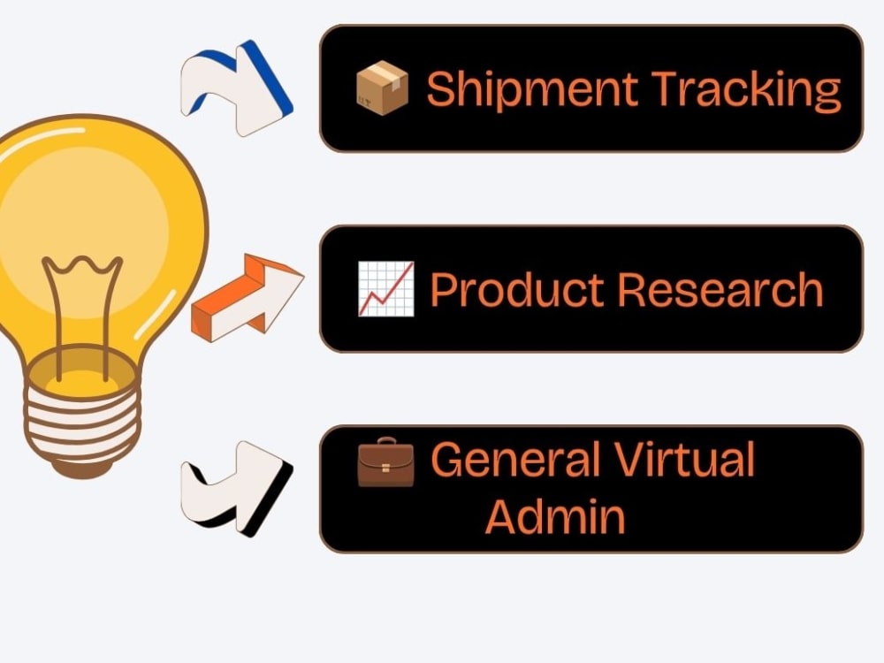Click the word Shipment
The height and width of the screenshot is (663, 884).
pyautogui.click(x=531, y=89)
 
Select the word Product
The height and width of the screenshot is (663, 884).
pyautogui.click(x=516, y=289)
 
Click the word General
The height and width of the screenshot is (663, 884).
pyautogui.click(x=514, y=459)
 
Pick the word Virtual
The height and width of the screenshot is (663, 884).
pyautogui.click(x=683, y=459)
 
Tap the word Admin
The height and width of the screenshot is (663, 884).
pyautogui.click(x=555, y=516)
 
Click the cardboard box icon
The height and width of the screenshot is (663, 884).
pyautogui.click(x=382, y=88)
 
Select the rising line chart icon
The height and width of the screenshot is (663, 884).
pyautogui.click(x=386, y=289)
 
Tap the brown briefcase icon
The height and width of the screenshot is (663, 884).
pyautogui.click(x=385, y=461)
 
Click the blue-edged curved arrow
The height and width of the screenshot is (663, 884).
pyautogui.click(x=237, y=88)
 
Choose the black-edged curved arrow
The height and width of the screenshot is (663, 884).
pyautogui.click(x=237, y=488)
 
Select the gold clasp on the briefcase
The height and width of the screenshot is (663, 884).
pyautogui.click(x=385, y=468)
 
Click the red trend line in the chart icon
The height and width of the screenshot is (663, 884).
pyautogui.click(x=385, y=289)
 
